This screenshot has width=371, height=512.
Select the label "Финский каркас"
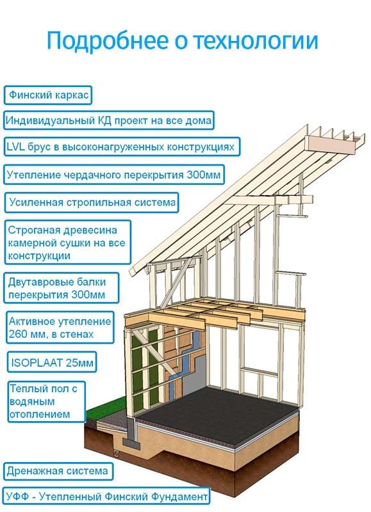click(x=48, y=95)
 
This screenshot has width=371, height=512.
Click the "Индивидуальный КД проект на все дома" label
click(x=109, y=120)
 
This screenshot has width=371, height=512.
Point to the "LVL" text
click(x=15, y=147)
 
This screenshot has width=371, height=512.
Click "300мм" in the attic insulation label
click(x=204, y=175)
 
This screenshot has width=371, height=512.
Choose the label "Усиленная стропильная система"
click(x=92, y=202)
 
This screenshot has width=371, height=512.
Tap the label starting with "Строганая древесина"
click(x=67, y=243)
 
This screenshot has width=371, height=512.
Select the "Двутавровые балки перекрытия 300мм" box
click(x=62, y=289)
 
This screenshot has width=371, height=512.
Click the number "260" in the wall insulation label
click(x=19, y=334)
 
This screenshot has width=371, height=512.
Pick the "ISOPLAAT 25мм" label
click(x=52, y=362)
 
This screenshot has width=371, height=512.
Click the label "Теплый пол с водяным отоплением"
click(x=46, y=401)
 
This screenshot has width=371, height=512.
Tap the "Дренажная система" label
click(x=58, y=471)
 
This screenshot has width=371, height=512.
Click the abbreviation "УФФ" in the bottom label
click(x=17, y=497)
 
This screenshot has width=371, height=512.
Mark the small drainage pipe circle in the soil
click(x=116, y=453)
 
